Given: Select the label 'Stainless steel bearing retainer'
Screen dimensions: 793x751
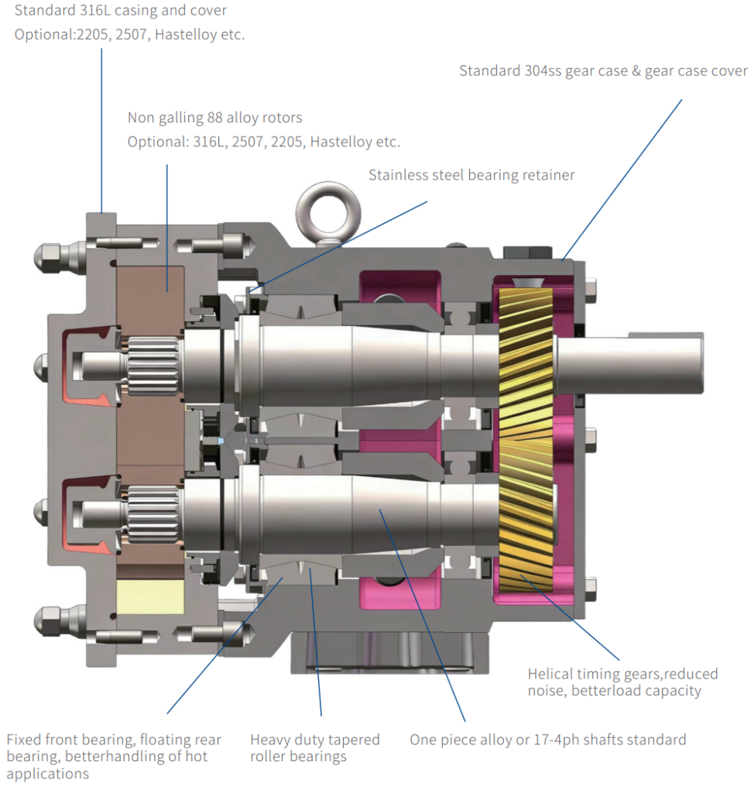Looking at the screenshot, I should (472, 175).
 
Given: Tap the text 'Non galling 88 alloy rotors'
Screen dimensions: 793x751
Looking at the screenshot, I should (214, 118).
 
